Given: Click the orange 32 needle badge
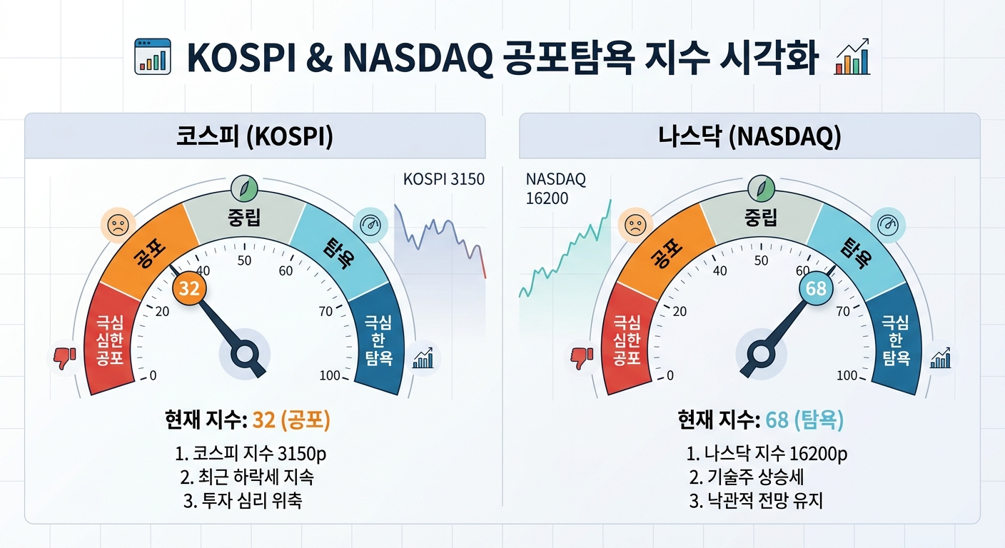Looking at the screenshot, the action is coord(189,288).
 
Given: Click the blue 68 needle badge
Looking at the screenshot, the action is coord(816,288).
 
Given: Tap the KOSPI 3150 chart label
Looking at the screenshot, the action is coord(444,179).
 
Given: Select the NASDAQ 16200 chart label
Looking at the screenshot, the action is coord(555,189).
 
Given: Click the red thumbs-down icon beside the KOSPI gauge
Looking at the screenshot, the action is coord(65,358).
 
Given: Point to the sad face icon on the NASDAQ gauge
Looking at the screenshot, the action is coord(635,225).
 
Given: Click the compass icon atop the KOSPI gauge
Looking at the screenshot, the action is coord(245,188).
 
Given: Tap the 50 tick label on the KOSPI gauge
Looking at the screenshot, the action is coord(245,260).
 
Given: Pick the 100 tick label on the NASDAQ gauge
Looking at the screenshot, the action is coord(847,375).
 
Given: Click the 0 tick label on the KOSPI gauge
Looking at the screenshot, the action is coord(153,375).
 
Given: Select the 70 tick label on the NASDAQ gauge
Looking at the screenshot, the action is coord(843,311).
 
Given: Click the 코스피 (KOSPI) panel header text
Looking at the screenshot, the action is coord(254,136).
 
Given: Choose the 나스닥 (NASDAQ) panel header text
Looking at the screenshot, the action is coord(749,136).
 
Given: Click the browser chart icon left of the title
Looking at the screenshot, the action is coord(153,56).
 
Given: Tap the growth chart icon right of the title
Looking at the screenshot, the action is coord(852,56).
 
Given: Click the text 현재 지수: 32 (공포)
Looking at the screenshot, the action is coord(248,420).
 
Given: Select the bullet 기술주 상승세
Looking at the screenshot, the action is coord(746,477).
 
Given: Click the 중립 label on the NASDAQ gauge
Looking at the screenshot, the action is coord(761,218).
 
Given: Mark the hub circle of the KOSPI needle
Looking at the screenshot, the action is coord(245,354).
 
